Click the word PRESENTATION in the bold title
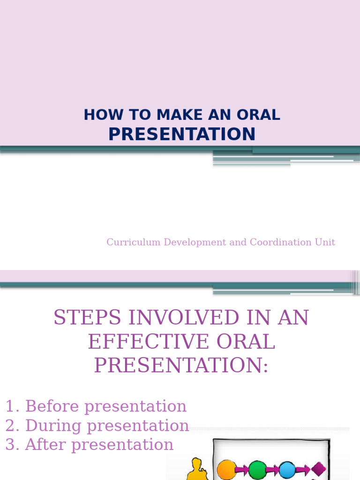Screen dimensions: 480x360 (182, 134)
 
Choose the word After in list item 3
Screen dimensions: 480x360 (44, 445)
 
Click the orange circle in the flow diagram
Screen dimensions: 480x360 (227, 469)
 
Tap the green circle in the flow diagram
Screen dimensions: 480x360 (257, 469)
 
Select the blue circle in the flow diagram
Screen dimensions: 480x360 (287, 469)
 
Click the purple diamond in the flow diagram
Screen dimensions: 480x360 (319, 469)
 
